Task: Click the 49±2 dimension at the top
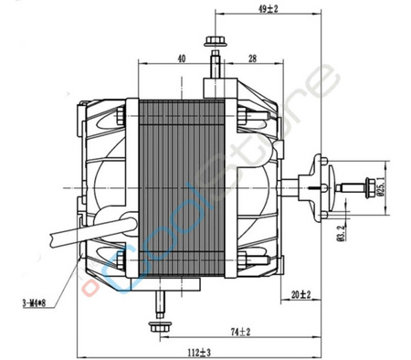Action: pyautogui.click(x=243, y=9)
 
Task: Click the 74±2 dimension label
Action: pyautogui.click(x=241, y=332)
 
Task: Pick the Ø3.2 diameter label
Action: pyautogui.click(x=339, y=219)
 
